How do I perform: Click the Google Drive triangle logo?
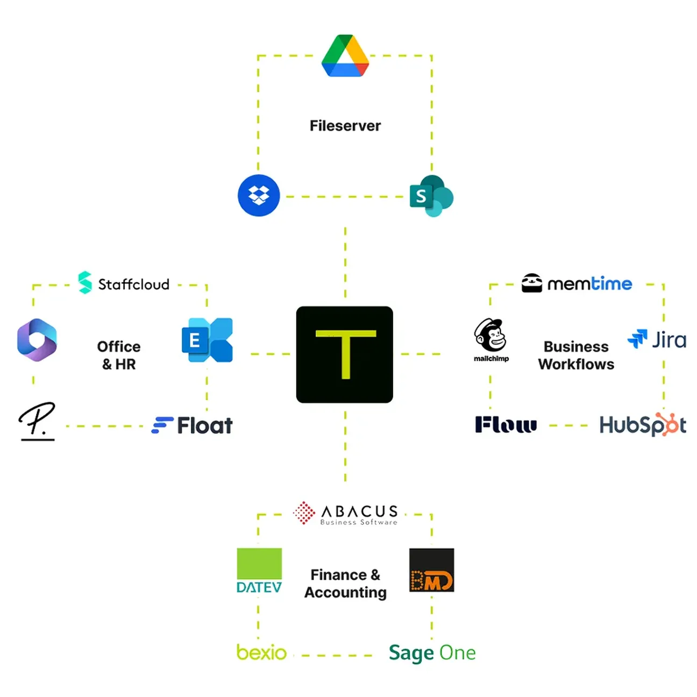[345, 56]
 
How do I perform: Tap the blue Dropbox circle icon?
[259, 196]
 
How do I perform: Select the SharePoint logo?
[431, 196]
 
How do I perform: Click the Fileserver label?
[345, 126]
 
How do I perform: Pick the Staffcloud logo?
[124, 283]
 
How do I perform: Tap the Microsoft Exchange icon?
[207, 340]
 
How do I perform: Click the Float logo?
[192, 425]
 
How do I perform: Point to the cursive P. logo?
[37, 421]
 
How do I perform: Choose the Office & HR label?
[119, 355]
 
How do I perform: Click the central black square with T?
[345, 354]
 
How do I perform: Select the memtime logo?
[577, 283]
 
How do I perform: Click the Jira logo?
[657, 340]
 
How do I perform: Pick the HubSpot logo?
[643, 425]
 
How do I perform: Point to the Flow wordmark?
[506, 425]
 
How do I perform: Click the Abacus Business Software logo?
[346, 513]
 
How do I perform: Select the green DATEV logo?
[259, 571]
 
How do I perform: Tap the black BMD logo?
[431, 570]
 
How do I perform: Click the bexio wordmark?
[261, 652]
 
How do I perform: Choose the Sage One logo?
[432, 653]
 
